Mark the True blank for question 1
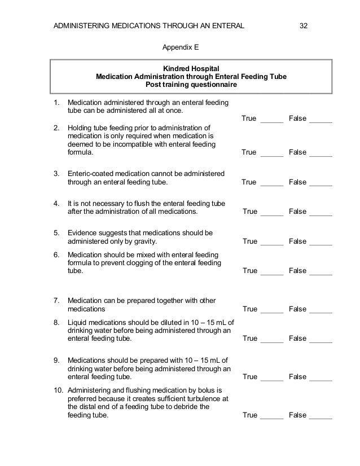pos(271,119)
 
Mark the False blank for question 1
pos(321,119)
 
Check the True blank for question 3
pos(271,183)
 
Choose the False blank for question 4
pos(321,212)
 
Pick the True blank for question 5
pos(271,242)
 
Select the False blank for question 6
pos(321,271)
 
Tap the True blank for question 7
pos(271,310)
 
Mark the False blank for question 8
pos(321,339)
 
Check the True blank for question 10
pos(271,416)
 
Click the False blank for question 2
pos(321,153)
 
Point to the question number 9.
pos(56,359)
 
